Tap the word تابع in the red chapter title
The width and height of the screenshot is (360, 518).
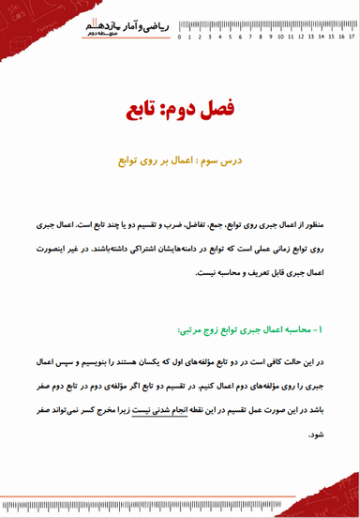142,111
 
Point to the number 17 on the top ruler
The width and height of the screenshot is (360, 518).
352,38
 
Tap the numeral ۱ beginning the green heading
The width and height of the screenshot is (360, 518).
319,330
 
